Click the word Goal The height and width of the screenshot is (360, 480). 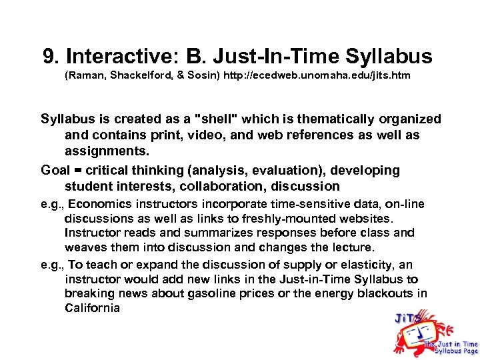click(55, 170)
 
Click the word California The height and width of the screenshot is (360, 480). click(92, 308)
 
